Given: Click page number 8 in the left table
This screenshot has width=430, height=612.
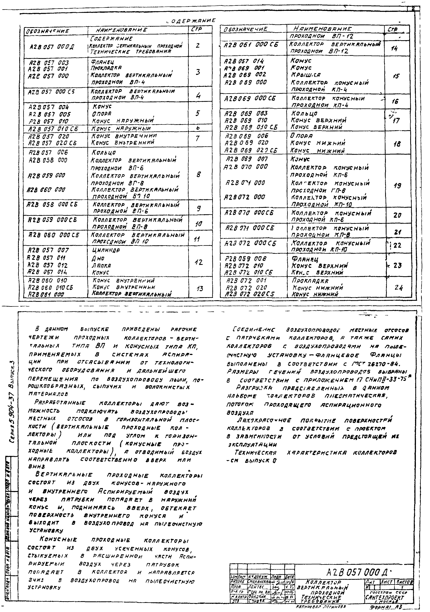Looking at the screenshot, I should pyautogui.click(x=198, y=175).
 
